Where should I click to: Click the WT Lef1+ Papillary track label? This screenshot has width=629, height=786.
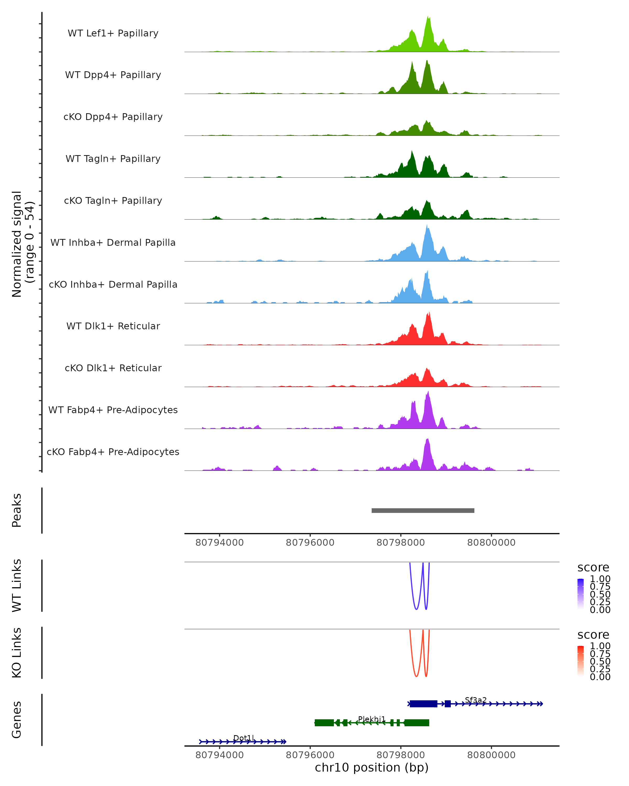point(113,33)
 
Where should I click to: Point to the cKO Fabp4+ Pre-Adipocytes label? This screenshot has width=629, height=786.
point(113,452)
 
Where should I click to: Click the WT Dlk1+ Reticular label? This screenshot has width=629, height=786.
point(113,326)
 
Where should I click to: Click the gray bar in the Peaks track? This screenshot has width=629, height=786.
point(423,510)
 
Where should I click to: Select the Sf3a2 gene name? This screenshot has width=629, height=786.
point(475,700)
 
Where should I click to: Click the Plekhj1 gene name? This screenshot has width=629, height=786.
point(372,719)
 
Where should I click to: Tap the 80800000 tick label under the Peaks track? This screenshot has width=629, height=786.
point(491,543)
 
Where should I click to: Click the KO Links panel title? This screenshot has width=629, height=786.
point(17,653)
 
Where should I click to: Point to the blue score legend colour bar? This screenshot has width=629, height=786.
point(581,594)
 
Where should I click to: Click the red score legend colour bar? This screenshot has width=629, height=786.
point(581,661)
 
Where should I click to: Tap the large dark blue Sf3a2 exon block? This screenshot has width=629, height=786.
point(423,704)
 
